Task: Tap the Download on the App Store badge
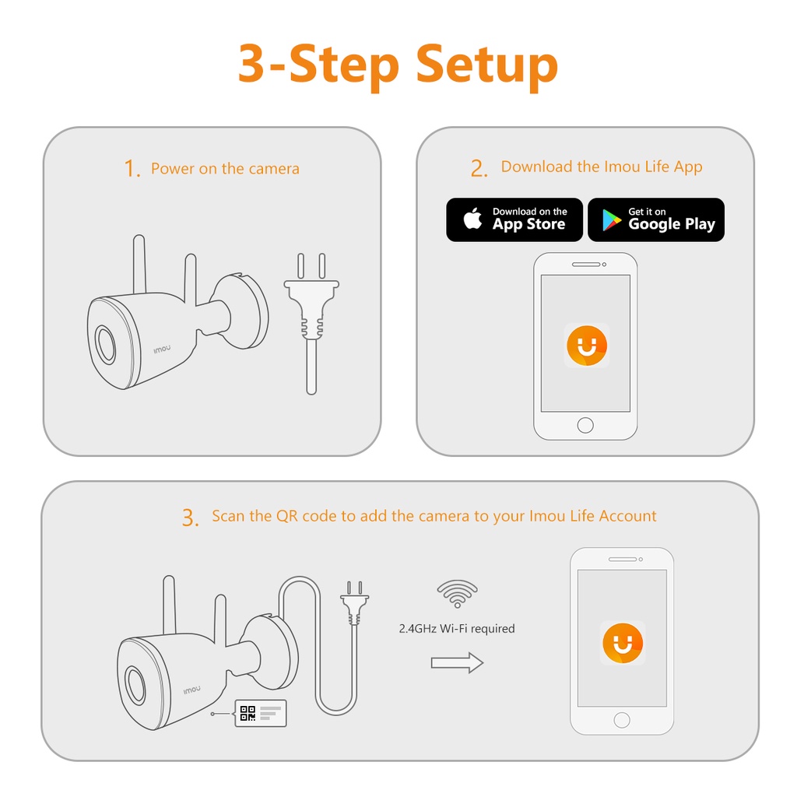[514, 219]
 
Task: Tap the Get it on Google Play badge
[656, 219]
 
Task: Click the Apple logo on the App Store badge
[472, 219]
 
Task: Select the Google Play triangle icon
[612, 220]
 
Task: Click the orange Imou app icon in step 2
[587, 346]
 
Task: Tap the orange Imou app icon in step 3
[623, 643]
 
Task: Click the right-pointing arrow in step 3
[457, 663]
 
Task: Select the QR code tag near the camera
[261, 713]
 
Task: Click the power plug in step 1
[311, 323]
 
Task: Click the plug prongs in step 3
[355, 588]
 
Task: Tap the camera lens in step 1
[106, 345]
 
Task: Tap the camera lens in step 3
[135, 686]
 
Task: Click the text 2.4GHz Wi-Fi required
[457, 629]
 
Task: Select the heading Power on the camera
[225, 169]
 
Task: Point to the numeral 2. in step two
[479, 168]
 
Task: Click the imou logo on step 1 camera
[162, 349]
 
